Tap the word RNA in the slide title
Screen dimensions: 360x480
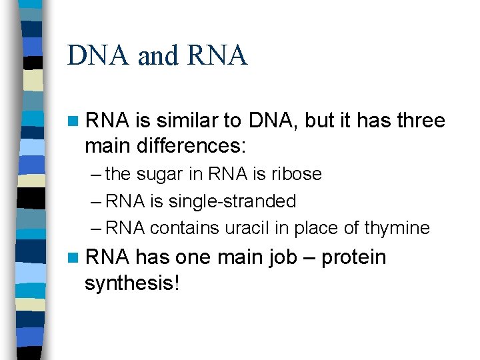(217, 56)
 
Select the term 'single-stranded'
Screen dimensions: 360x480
(233, 201)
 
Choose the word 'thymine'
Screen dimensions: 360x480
(397, 229)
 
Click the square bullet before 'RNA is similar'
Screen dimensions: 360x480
(73, 121)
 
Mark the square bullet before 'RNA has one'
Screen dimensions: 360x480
(73, 258)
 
